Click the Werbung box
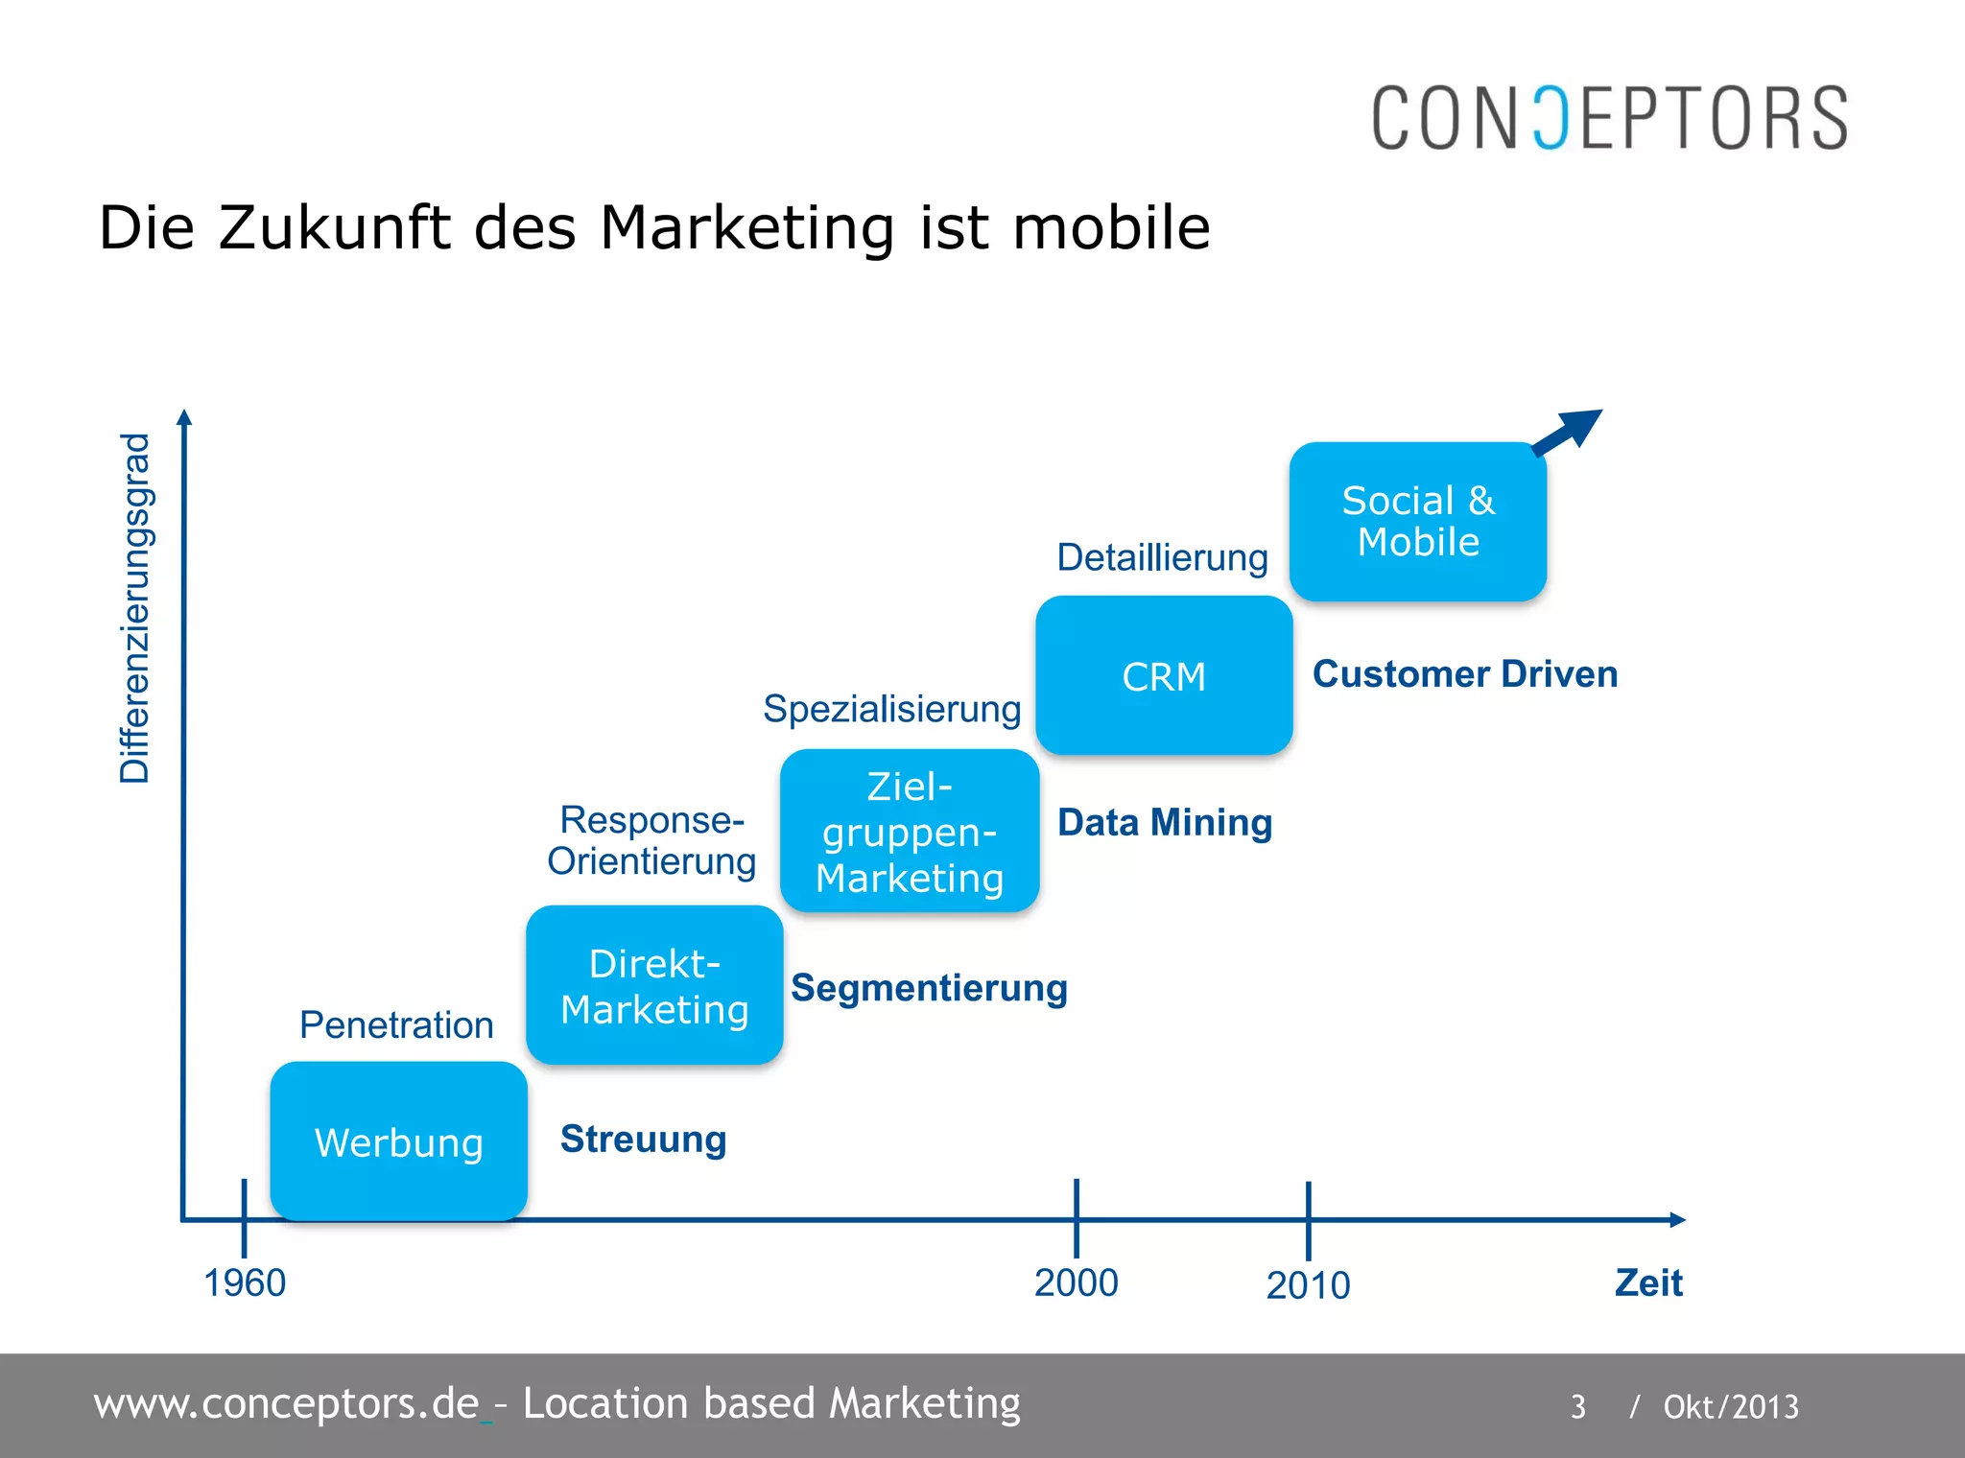point(398,1141)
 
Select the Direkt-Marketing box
point(654,985)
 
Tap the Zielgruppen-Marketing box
point(910,831)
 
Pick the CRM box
point(1164,676)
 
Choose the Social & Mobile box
point(1418,522)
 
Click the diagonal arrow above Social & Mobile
point(1568,432)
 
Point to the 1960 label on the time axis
point(245,1283)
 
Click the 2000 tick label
point(1076,1283)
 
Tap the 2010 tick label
point(1308,1285)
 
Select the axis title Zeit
point(1648,1283)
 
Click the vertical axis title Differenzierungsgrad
point(135,608)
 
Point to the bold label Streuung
point(643,1140)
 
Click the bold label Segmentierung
point(929,988)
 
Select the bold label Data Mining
point(1165,823)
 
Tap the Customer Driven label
point(1465,674)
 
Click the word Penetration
point(396,1025)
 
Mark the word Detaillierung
point(1162,557)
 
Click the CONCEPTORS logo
point(1609,118)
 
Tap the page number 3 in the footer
point(1578,1406)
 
